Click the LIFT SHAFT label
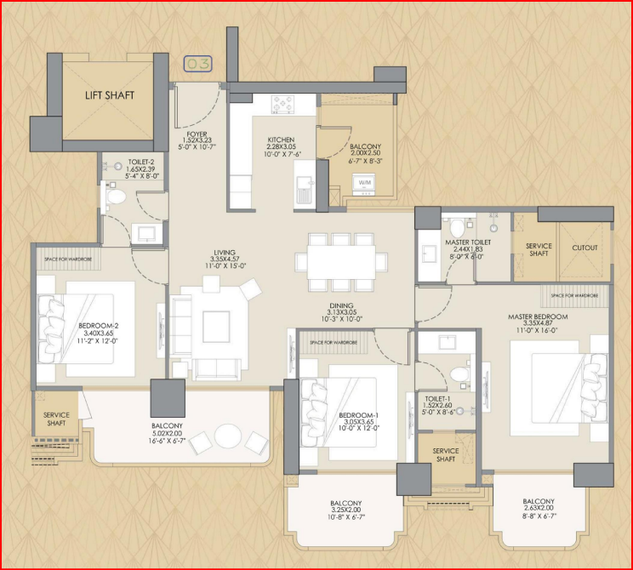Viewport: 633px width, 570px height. coord(109,96)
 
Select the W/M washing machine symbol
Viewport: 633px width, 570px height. coord(365,183)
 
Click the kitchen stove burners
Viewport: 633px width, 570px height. coord(282,105)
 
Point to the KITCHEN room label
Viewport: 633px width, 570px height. coord(281,140)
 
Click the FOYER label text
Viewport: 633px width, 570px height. coord(197,135)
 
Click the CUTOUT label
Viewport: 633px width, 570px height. coord(585,248)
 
